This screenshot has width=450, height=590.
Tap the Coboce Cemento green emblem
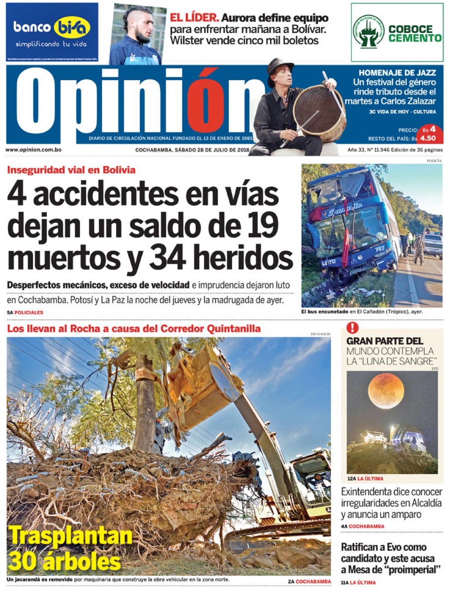(368, 32)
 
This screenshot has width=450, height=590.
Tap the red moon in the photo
(386, 390)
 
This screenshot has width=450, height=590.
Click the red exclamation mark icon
(352, 328)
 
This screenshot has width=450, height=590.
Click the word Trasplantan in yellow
(70, 536)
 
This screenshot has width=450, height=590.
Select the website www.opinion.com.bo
(33, 150)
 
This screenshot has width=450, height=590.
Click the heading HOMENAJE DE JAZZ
(397, 73)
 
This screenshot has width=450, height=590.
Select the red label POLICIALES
(29, 313)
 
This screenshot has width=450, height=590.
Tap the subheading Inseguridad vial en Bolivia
(71, 170)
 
